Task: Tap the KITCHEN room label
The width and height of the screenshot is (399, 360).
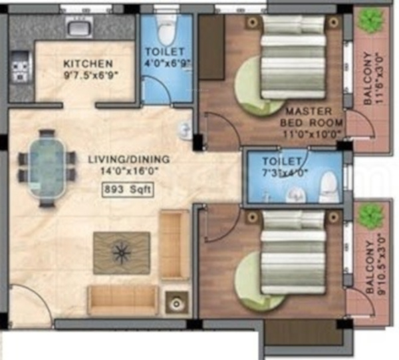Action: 88,63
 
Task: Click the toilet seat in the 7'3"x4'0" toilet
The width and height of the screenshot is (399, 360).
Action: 329,187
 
